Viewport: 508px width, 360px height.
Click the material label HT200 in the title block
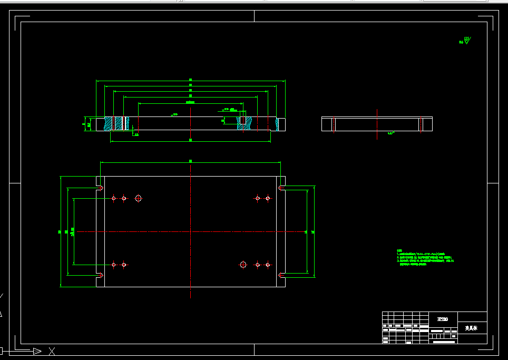(442, 319)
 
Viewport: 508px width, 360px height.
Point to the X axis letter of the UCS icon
(52, 351)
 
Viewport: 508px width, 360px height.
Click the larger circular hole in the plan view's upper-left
(138, 198)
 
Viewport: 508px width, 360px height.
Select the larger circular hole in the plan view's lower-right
(243, 264)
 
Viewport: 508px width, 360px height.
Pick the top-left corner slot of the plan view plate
(100, 188)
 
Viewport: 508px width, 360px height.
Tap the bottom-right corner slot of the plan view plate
(281, 275)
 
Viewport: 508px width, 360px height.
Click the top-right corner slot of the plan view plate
(281, 188)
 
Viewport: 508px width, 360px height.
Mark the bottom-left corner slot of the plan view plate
(100, 275)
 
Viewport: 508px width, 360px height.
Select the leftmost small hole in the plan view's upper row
(114, 198)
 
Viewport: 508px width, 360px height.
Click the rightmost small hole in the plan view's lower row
(268, 264)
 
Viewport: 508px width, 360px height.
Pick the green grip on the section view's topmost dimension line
(190, 80)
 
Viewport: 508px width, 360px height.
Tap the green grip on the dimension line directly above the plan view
(190, 161)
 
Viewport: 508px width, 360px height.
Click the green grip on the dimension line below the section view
(190, 140)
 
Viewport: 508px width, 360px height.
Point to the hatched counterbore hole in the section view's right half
(243, 122)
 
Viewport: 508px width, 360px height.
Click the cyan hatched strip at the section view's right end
(277, 124)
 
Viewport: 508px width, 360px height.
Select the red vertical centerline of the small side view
(421, 124)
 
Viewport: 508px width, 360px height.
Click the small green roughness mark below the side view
(391, 134)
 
